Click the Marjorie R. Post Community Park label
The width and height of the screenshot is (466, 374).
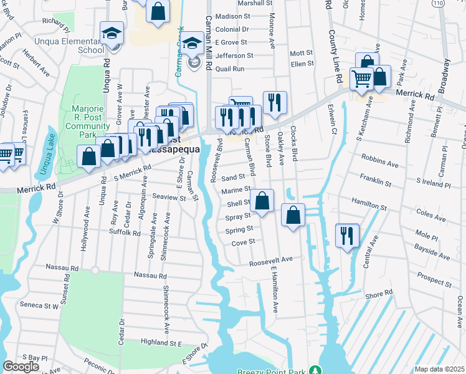pyautogui.click(x=87, y=121)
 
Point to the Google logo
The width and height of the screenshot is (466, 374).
pyautogui.click(x=21, y=367)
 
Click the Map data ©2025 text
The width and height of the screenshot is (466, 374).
pyautogui.click(x=439, y=369)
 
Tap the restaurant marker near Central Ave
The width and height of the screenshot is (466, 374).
pyautogui.click(x=346, y=234)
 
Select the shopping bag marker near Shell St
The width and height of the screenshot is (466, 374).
pyautogui.click(x=262, y=201)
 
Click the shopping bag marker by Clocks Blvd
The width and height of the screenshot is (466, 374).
pyautogui.click(x=293, y=214)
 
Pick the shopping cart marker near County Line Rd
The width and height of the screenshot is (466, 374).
pyautogui.click(x=361, y=79)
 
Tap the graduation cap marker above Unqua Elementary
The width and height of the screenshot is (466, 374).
pyautogui.click(x=113, y=32)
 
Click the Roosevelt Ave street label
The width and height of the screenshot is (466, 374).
pyautogui.click(x=272, y=260)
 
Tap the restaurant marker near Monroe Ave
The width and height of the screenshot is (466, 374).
pyautogui.click(x=275, y=102)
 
